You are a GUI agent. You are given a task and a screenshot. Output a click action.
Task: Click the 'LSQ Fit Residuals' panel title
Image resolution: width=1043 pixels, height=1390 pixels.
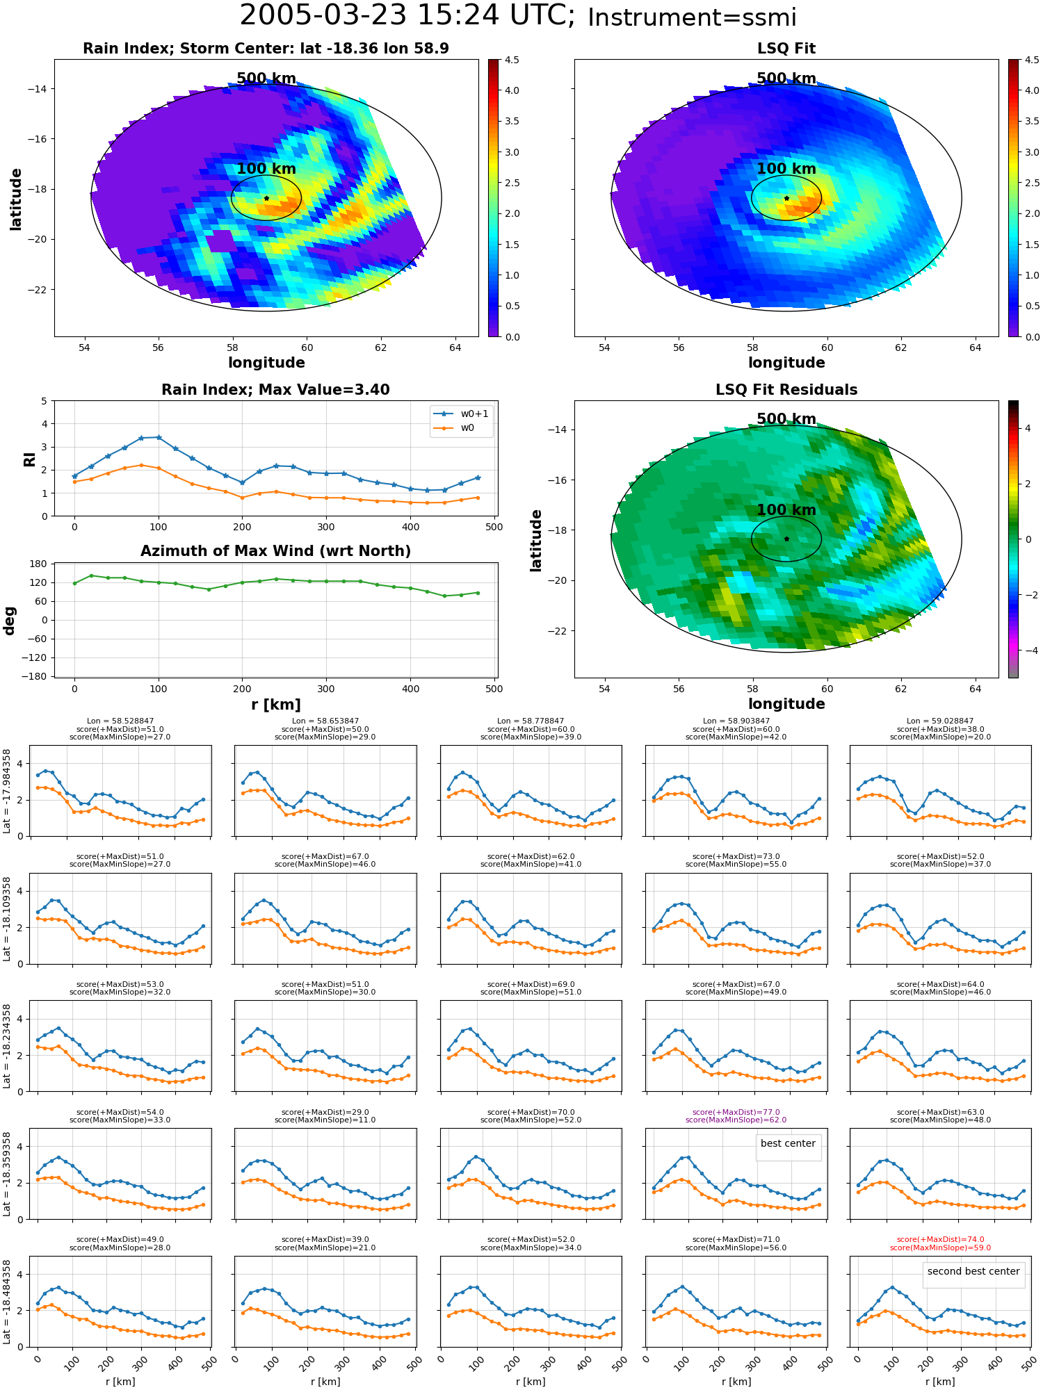point(786,390)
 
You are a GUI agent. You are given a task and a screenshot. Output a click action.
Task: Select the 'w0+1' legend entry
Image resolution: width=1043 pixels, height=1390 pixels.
point(461,414)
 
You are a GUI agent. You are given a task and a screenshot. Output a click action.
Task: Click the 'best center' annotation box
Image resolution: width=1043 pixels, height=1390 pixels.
point(788,1143)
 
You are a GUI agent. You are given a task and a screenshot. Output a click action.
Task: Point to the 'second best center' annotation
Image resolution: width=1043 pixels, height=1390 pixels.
point(973,1271)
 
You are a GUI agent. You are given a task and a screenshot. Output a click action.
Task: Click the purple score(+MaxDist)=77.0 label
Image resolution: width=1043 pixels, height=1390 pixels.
point(736,1112)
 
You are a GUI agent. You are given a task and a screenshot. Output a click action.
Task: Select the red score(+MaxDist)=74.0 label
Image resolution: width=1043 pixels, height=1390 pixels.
point(940,1239)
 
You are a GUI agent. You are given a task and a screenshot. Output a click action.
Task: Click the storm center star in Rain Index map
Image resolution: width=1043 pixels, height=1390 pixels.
point(266,198)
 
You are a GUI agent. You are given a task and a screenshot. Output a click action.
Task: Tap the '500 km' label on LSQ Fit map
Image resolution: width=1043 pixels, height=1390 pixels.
point(786,79)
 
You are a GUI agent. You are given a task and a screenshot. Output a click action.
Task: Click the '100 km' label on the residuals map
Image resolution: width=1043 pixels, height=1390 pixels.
point(786,510)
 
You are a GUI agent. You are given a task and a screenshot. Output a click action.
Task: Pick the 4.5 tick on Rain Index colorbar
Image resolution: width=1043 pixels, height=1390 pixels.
point(512,60)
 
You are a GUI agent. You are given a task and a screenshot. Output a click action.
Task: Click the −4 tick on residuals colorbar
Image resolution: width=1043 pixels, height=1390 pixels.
point(1028,651)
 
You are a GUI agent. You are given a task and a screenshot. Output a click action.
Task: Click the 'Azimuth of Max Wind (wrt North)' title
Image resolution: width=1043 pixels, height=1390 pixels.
point(275,551)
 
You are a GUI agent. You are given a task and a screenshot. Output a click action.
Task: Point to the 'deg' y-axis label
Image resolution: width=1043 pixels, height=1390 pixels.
point(10,620)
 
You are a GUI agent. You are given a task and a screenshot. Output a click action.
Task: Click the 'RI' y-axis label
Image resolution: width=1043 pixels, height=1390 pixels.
point(29,459)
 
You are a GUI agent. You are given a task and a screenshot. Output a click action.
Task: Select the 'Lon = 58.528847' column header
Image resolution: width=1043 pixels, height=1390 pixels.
point(120,721)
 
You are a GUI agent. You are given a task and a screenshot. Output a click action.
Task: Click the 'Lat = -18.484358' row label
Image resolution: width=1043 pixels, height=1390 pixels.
point(7,1302)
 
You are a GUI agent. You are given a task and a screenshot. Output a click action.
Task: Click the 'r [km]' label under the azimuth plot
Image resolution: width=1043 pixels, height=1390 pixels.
point(275,705)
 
